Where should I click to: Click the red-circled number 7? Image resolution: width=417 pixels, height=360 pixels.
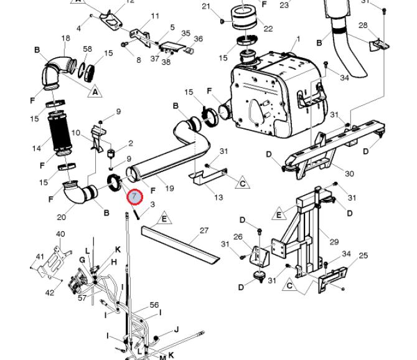tap(134, 197)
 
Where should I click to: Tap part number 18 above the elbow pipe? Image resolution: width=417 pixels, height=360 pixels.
tap(66, 39)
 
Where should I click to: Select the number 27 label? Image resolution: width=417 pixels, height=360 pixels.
tap(204, 230)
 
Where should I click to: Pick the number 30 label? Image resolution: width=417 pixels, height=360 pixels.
tap(349, 174)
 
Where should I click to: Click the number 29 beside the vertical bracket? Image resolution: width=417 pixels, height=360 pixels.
tap(334, 241)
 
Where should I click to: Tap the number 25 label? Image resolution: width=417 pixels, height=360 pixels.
tap(363, 255)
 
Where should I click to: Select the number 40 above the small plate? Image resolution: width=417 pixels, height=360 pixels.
tap(60, 234)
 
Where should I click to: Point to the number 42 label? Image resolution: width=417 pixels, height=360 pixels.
tap(50, 292)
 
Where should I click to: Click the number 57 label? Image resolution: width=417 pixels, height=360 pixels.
tap(82, 298)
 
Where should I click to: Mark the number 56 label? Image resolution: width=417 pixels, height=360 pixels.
tap(154, 305)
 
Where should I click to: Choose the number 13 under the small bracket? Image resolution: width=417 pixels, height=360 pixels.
tap(218, 197)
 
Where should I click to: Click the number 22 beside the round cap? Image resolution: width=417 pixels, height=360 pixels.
tap(268, 29)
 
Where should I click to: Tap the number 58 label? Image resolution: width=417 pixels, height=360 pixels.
tap(88, 49)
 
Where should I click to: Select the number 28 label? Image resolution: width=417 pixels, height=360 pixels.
tap(363, 26)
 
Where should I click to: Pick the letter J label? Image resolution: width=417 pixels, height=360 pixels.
tap(177, 329)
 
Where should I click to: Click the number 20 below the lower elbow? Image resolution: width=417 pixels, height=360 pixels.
tap(61, 217)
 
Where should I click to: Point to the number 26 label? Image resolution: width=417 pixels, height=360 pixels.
tap(238, 237)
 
